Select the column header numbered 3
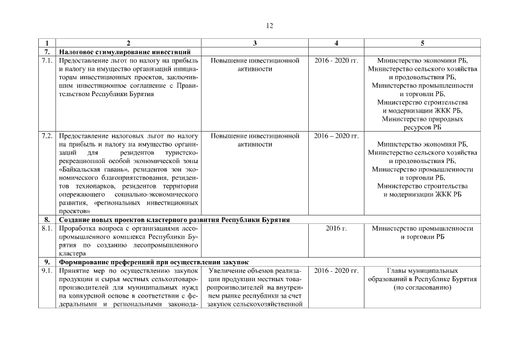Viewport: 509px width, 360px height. click(x=255, y=43)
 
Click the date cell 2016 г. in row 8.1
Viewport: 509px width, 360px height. click(x=336, y=228)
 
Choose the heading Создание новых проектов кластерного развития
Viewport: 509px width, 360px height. click(x=174, y=220)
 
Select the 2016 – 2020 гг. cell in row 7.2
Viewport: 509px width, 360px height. click(x=336, y=136)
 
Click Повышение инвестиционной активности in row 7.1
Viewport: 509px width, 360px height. click(x=255, y=64)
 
